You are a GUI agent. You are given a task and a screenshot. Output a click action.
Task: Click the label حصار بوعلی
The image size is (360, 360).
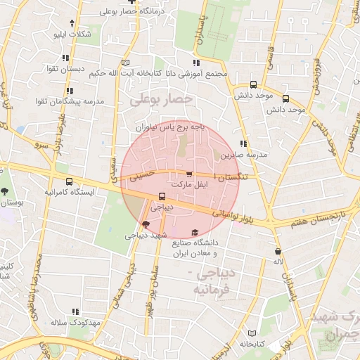click(161, 100)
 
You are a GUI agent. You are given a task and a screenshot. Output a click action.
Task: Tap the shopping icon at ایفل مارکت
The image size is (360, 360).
click(188, 174)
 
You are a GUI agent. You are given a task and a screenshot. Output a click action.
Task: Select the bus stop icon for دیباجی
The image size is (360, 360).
click(162, 197)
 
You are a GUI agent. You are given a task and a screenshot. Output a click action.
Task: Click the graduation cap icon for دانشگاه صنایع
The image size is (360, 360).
click(195, 233)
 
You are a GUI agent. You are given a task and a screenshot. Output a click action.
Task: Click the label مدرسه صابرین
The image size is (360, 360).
click(244, 154)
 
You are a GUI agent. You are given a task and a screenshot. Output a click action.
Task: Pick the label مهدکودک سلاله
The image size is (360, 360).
click(77, 323)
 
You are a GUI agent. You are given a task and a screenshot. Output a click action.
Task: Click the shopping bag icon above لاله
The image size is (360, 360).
click(278, 251)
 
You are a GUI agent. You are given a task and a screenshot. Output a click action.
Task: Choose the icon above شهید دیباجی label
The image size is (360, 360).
click(146, 225)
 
